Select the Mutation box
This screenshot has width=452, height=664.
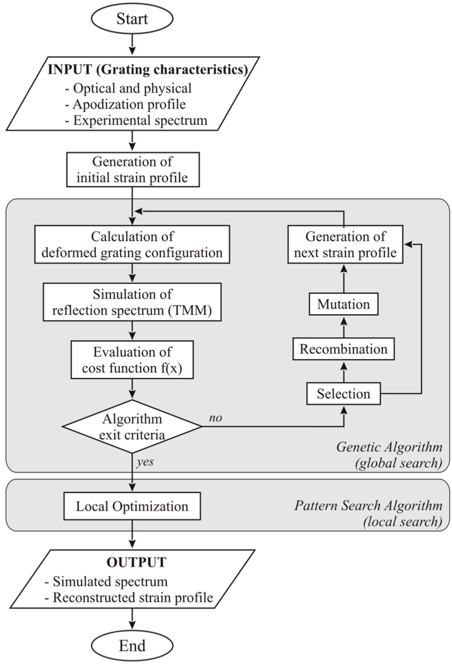pyautogui.click(x=344, y=304)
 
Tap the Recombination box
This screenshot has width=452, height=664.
pyautogui.click(x=344, y=349)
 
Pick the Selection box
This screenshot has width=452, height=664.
pyautogui.click(x=344, y=394)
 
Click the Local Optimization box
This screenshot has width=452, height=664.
pyautogui.click(x=132, y=506)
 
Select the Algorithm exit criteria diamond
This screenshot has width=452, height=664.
pyautogui.click(x=132, y=427)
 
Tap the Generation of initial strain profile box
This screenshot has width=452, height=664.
pyautogui.click(x=133, y=169)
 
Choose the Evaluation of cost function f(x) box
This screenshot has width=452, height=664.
pyautogui.click(x=132, y=360)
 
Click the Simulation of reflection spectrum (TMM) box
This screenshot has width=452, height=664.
pyautogui.click(x=132, y=302)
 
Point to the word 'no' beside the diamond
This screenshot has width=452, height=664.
pyautogui.click(x=216, y=418)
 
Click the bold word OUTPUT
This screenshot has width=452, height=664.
pyautogui.click(x=136, y=562)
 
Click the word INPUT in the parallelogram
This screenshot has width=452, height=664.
pyautogui.click(x=70, y=70)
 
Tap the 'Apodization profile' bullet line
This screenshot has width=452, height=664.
pyautogui.click(x=126, y=104)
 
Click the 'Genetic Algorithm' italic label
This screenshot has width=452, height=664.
pyautogui.click(x=389, y=447)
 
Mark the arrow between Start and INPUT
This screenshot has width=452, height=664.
pyautogui.click(x=132, y=45)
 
